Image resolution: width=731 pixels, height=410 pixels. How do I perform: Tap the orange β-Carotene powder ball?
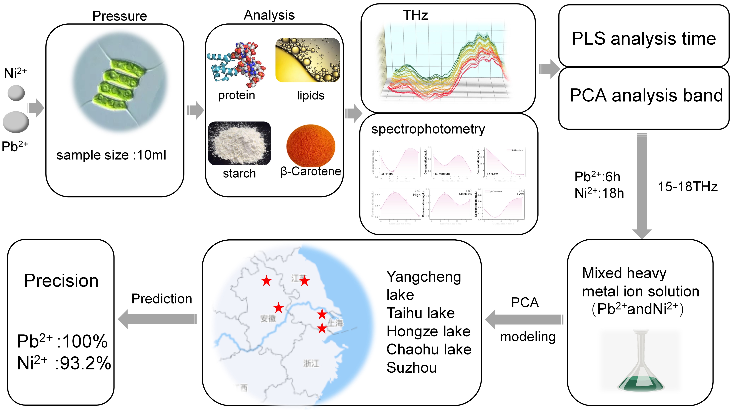pos(311,145)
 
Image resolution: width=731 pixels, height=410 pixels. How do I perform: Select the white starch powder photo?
pos(239,143)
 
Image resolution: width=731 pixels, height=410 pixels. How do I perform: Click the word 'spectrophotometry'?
pos(428,129)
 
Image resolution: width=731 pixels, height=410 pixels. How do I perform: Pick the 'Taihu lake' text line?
pos(421,313)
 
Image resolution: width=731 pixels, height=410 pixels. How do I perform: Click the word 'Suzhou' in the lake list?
pos(412,368)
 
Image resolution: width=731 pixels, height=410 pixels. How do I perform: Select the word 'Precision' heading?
pos(61,281)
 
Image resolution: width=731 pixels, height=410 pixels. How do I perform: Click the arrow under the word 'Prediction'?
pos(158,319)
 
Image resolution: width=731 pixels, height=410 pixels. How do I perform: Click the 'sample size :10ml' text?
pos(111,155)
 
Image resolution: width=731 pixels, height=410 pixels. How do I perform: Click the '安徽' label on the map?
pos(268,319)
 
